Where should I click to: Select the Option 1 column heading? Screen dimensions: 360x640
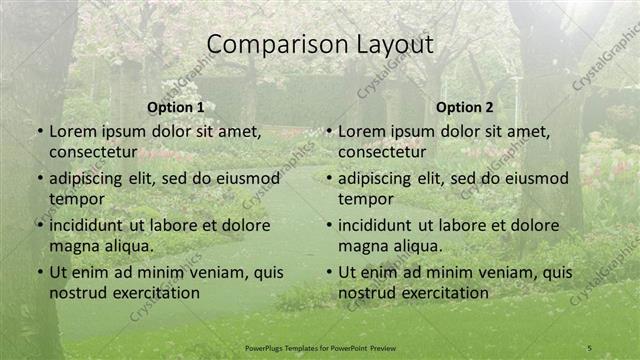click(175, 107)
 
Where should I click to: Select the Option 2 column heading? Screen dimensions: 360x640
click(465, 107)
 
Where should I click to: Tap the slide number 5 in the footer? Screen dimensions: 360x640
click(590, 347)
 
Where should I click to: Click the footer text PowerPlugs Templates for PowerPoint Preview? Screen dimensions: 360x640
click(320, 347)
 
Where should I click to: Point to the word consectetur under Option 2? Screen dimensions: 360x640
click(382, 152)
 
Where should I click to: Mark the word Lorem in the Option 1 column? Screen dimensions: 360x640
click(70, 131)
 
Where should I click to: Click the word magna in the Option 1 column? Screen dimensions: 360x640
click(72, 246)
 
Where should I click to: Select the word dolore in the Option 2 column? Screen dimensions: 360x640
click(532, 225)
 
